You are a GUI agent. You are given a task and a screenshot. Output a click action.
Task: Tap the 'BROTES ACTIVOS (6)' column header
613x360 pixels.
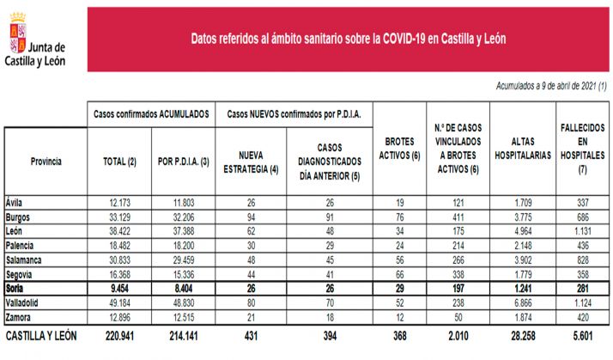pos(397,148)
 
